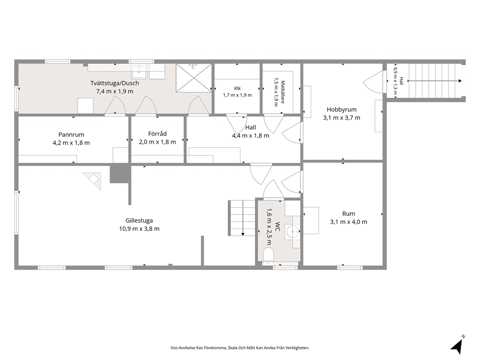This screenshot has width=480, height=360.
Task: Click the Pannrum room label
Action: pos(71,135)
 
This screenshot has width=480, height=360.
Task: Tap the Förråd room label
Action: pos(157,134)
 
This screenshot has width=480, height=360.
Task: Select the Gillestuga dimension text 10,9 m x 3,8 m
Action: pos(139,229)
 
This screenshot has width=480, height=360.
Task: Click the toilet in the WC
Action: pos(269,255)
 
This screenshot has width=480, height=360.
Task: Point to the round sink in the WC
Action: pos(292,232)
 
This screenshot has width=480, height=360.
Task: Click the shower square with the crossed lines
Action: pos(194,78)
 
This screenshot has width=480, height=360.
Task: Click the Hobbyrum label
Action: pos(342,109)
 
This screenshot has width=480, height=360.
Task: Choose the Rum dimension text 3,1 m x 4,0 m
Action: pos(349,222)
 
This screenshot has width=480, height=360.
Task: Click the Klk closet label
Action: pos(237,89)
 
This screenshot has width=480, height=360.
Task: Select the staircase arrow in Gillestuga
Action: pos(243,218)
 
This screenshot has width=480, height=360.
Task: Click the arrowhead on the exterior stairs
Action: pos(460,81)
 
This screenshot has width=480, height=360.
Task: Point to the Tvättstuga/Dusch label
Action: pos(115,83)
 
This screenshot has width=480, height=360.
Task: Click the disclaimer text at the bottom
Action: pos(240,348)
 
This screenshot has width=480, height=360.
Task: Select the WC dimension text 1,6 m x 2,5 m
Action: pos(269,227)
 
